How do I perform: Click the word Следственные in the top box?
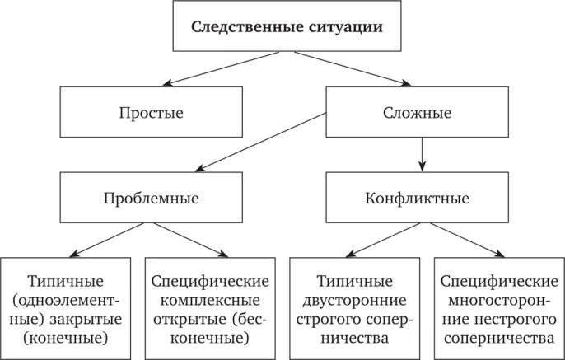coord(239,26)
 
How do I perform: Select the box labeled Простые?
coord(151,113)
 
